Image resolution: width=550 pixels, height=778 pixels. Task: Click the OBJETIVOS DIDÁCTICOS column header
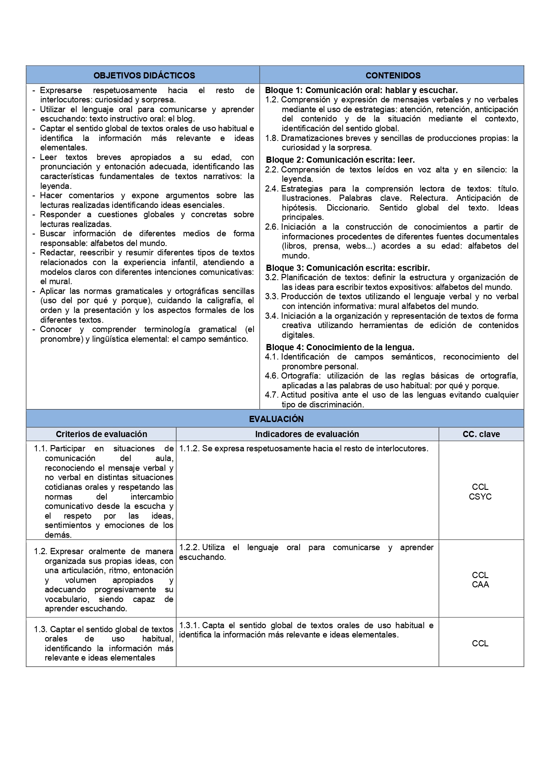[x=144, y=75]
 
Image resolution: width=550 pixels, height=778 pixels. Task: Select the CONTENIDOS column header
[x=393, y=75]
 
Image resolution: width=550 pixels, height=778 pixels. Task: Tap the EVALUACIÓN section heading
[x=276, y=419]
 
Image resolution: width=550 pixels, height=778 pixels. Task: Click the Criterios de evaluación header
[x=101, y=434]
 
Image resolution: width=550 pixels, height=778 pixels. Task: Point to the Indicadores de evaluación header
[x=307, y=434]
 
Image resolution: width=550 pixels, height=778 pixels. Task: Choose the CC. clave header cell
[x=481, y=434]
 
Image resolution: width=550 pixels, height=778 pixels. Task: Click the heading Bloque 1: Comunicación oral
[x=361, y=90]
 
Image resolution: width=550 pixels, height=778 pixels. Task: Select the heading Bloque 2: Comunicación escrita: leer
[x=340, y=160]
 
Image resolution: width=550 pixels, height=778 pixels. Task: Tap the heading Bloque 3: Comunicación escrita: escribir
[x=347, y=268]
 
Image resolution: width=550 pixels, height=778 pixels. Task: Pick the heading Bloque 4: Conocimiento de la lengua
[x=340, y=347]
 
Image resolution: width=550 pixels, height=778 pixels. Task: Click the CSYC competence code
[x=480, y=497]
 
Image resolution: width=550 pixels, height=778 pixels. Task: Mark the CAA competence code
[x=480, y=585]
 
